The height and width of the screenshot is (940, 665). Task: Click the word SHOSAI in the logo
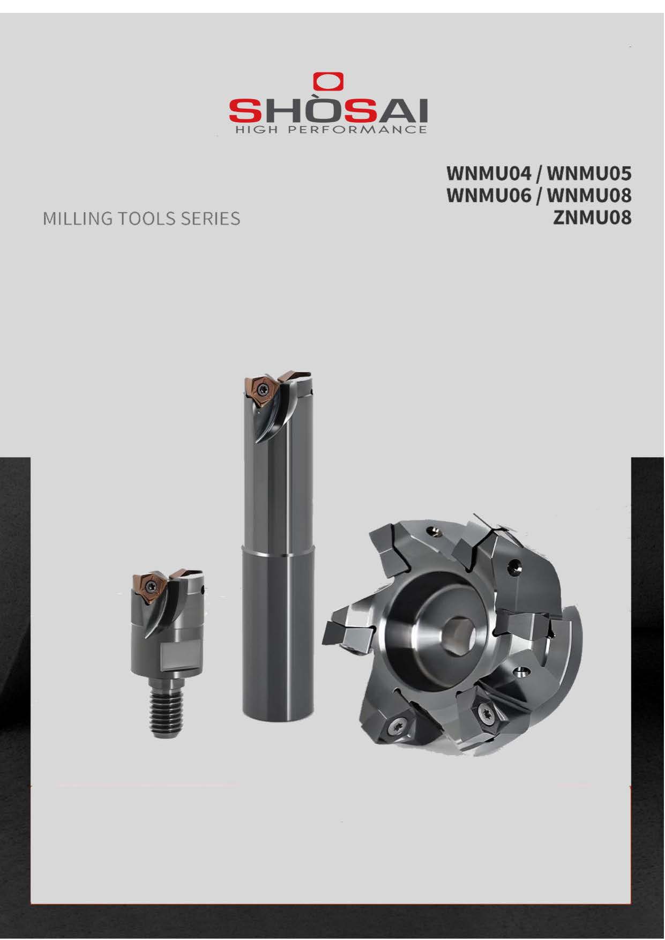point(328,110)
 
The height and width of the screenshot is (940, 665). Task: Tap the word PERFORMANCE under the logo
point(357,130)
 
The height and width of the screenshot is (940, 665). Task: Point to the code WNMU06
point(489,196)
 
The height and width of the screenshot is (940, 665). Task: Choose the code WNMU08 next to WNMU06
point(589,196)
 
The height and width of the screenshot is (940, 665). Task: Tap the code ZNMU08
point(593,218)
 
